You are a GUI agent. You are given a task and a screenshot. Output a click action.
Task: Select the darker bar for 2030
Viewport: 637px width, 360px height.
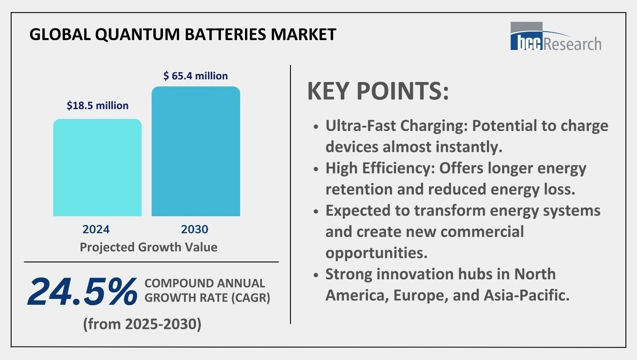click(196, 151)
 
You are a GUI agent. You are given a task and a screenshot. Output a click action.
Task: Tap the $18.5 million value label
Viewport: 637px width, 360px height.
click(98, 106)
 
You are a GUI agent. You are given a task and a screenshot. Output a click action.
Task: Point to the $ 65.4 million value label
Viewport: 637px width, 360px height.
click(196, 76)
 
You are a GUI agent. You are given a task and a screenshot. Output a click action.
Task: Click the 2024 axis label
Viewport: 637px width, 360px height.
click(96, 229)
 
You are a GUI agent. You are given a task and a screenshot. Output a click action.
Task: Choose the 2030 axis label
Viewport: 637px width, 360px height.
click(195, 229)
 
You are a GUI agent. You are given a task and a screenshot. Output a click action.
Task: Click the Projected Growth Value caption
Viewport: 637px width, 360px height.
click(148, 247)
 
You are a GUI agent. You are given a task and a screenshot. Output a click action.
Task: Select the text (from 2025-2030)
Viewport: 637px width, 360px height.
click(142, 324)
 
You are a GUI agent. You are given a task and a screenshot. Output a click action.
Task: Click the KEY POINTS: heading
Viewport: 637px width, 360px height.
click(378, 91)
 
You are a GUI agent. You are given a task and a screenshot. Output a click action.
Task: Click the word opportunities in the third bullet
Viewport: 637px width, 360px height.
click(376, 253)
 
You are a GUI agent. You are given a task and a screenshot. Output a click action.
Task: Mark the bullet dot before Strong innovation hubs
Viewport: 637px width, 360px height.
click(316, 275)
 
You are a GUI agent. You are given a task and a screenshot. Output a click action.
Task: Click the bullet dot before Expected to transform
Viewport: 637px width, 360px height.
click(316, 211)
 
